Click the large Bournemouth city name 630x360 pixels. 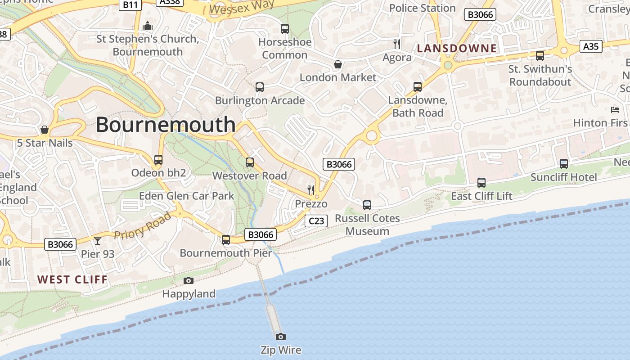(166, 124)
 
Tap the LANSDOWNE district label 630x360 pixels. (457, 48)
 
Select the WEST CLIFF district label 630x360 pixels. (72, 279)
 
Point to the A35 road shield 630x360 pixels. (590, 46)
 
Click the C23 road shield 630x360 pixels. (316, 220)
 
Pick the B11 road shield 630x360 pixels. (130, 4)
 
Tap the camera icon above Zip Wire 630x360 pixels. (281, 337)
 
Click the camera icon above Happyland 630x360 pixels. (189, 281)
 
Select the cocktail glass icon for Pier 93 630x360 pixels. (98, 240)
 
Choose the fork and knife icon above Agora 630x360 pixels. (396, 44)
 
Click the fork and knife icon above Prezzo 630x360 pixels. (311, 190)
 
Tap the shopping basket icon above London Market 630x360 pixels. (337, 64)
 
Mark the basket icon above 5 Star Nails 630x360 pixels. (45, 130)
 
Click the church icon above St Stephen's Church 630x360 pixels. (148, 26)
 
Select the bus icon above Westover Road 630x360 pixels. (249, 162)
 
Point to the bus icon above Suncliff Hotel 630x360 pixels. (563, 164)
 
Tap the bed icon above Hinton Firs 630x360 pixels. (615, 110)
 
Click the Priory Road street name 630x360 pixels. (143, 226)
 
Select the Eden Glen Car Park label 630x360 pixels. (186, 196)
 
